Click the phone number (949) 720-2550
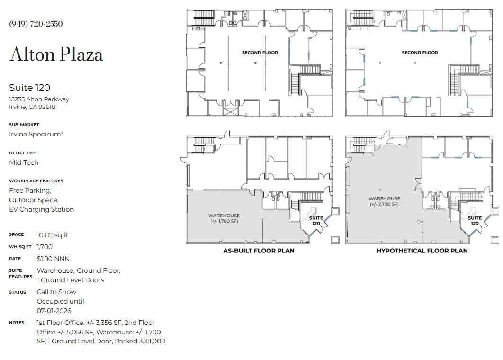click(x=36, y=24)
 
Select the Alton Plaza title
click(x=56, y=54)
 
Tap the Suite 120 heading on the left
click(x=29, y=88)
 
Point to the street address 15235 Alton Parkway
click(x=39, y=99)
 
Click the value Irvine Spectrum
click(x=36, y=134)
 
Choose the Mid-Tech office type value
click(x=24, y=162)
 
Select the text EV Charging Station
click(x=41, y=209)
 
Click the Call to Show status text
click(x=56, y=292)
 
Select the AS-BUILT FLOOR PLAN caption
click(x=259, y=251)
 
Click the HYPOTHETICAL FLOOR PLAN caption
click(x=422, y=251)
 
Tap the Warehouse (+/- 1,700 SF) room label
click(x=224, y=218)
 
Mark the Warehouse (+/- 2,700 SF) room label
click(x=384, y=201)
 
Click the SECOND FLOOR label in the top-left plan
click(x=260, y=53)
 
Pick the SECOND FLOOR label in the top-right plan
click(x=420, y=53)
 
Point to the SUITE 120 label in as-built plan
click(x=316, y=221)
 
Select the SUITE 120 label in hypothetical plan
click(x=475, y=221)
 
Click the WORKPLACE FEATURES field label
click(x=36, y=181)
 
